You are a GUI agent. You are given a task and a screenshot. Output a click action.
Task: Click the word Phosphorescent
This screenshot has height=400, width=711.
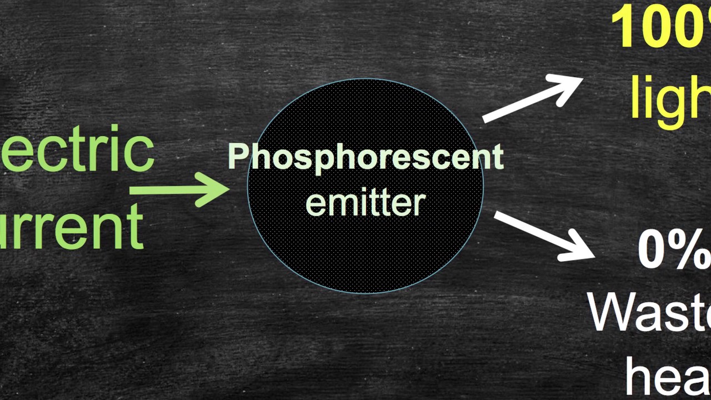pos(365,157)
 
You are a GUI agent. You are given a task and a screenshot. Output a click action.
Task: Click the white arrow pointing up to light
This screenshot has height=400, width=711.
pos(532,98)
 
